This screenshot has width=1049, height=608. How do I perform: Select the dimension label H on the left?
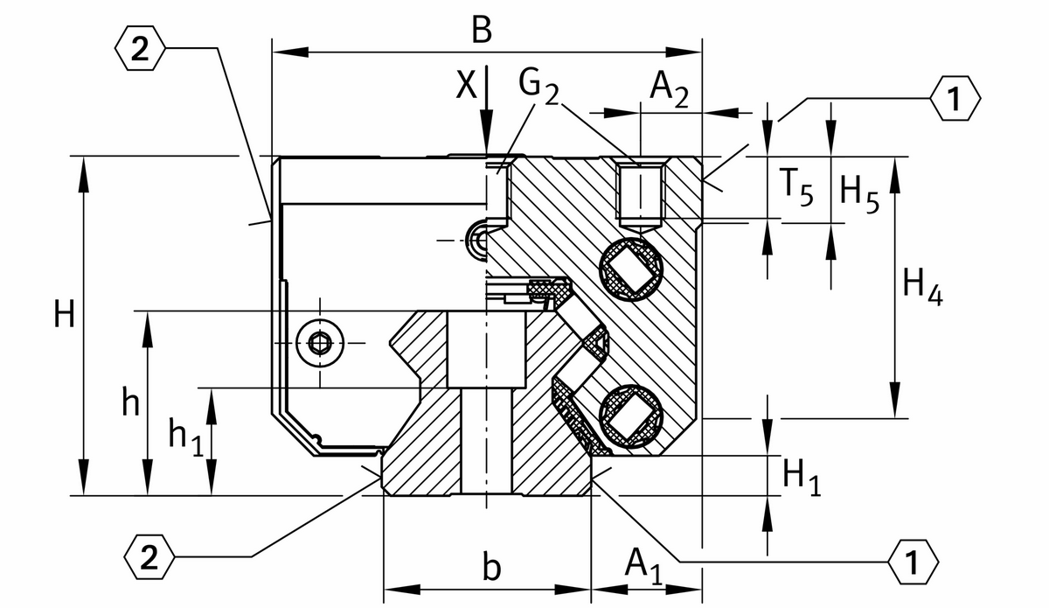click(x=63, y=314)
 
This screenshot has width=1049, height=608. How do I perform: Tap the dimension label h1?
click(x=185, y=435)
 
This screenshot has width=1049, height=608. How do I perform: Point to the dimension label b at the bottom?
click(x=492, y=568)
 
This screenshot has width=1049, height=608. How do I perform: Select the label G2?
click(x=538, y=85)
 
